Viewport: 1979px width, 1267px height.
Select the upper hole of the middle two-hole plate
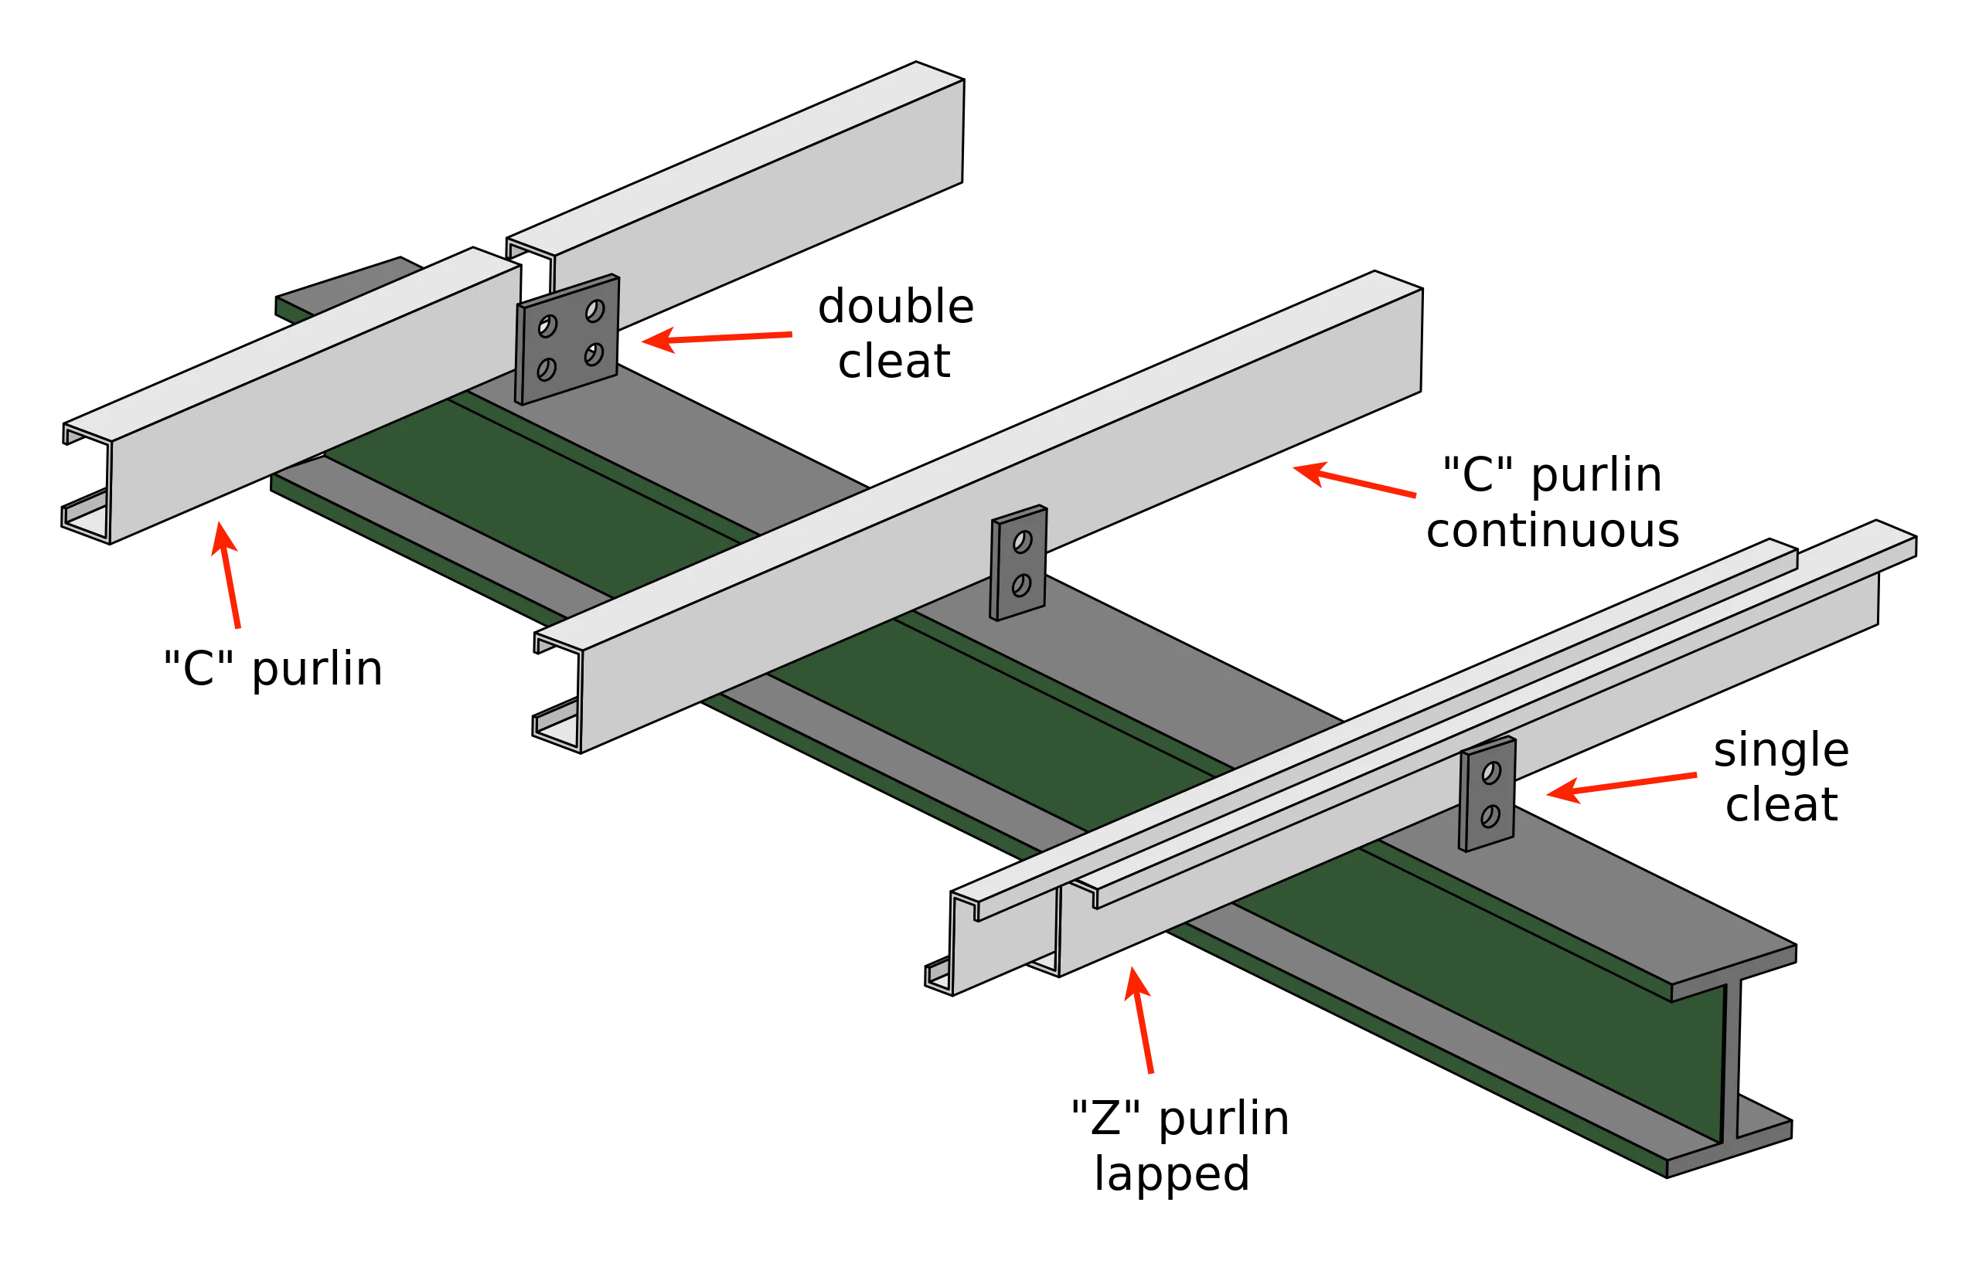tap(1022, 542)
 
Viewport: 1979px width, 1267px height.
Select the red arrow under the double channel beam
tap(1140, 1021)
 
